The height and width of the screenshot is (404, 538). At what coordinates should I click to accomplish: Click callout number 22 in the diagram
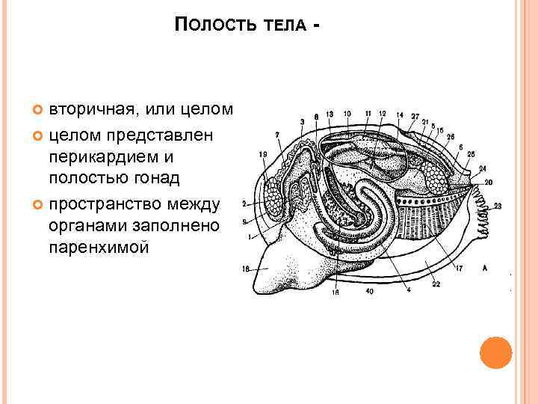click(x=436, y=284)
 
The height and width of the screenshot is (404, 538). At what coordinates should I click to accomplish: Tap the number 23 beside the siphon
click(x=498, y=205)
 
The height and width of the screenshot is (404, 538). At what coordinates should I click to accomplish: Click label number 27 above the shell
click(x=414, y=116)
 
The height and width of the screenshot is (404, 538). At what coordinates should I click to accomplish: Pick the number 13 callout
click(x=330, y=114)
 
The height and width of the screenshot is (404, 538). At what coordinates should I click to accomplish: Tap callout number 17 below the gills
click(x=459, y=267)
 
